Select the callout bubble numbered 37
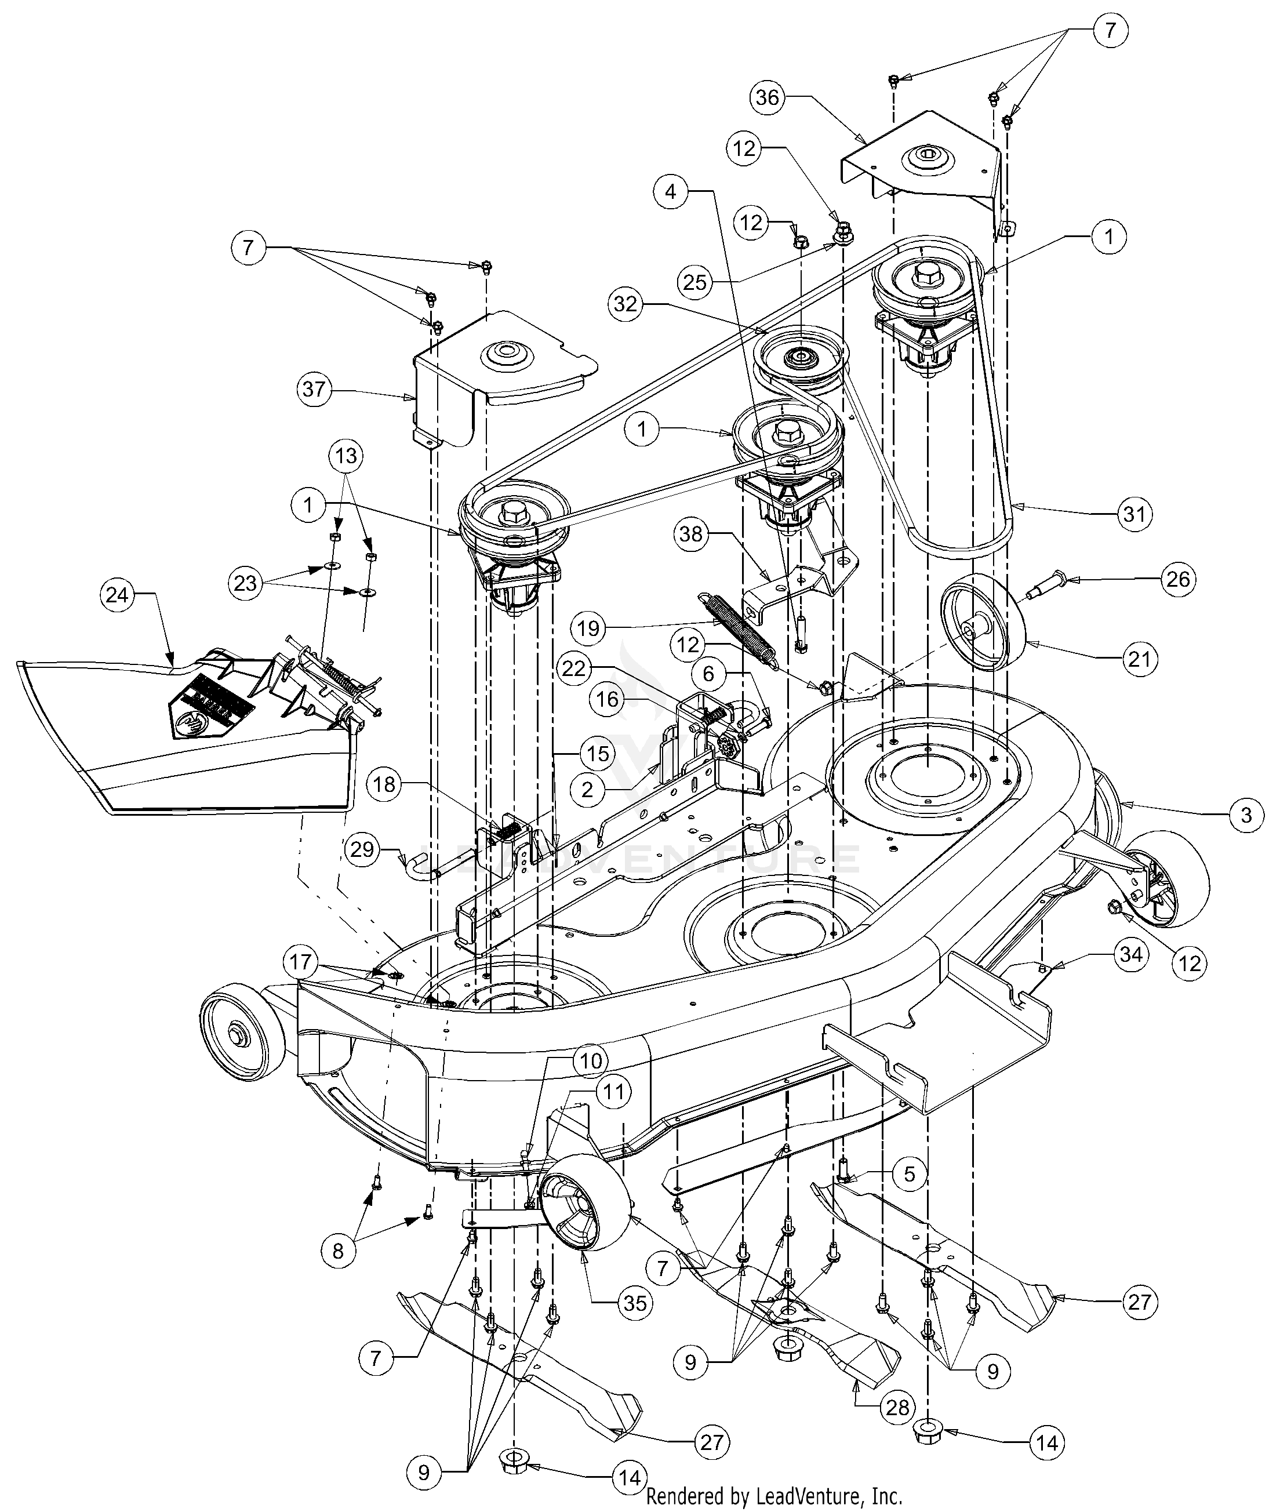coord(314,390)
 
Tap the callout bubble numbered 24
coord(117,595)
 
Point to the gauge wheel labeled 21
coord(983,626)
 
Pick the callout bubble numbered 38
coord(692,534)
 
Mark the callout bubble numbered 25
coord(694,282)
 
